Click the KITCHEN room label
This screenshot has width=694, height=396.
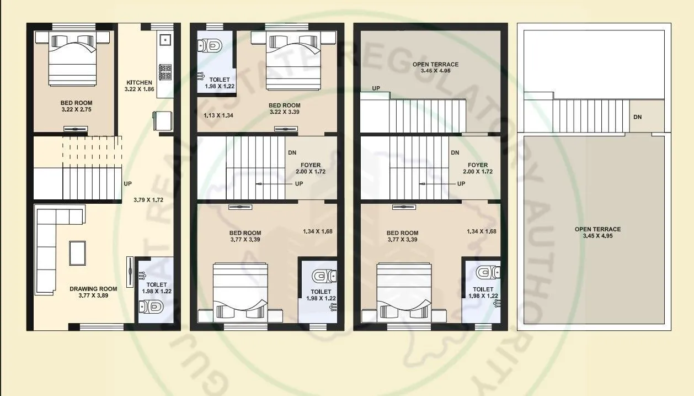(138, 83)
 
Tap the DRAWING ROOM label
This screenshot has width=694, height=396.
(93, 288)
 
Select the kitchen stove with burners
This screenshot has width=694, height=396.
(165, 72)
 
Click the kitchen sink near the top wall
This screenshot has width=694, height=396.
(164, 40)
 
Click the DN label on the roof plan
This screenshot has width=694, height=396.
(637, 117)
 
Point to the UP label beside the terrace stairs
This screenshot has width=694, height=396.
(376, 88)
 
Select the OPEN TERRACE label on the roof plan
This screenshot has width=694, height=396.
(597, 229)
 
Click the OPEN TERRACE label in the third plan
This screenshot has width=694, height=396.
(436, 65)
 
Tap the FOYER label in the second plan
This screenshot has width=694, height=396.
(311, 165)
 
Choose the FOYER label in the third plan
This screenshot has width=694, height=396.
(477, 165)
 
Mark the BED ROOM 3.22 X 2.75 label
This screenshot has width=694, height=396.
(77, 103)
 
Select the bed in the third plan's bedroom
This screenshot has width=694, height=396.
(404, 293)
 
